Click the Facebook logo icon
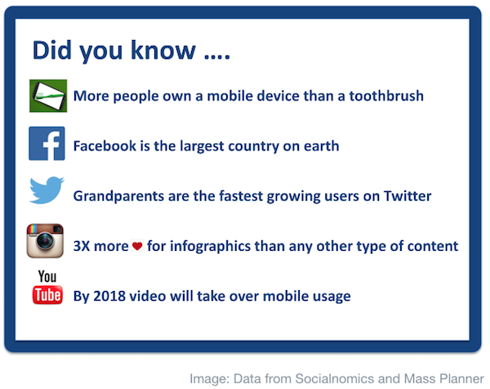[x=47, y=144]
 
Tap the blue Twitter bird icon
[x=47, y=190]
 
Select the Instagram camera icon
[x=45, y=241]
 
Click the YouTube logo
[x=47, y=287]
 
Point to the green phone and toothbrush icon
[x=48, y=96]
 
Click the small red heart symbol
[x=137, y=246]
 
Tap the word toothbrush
[x=386, y=96]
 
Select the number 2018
[x=109, y=296]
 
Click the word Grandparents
[x=118, y=196]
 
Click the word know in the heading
[x=163, y=50]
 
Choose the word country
[x=253, y=146]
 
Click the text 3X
[x=82, y=246]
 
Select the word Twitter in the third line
[x=408, y=196]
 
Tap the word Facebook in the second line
[x=105, y=146]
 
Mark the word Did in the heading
[x=52, y=50]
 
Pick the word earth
[x=321, y=146]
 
